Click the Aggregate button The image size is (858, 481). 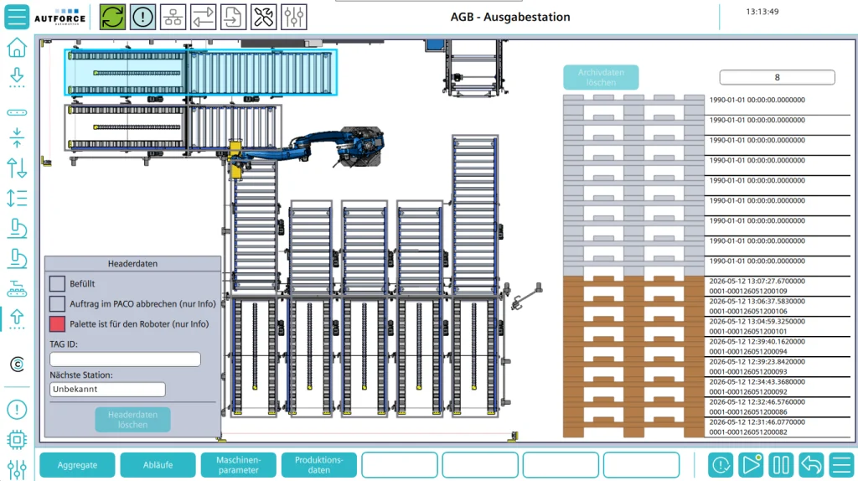[x=77, y=464]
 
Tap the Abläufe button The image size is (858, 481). [x=158, y=464]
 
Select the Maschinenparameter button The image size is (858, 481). [x=239, y=464]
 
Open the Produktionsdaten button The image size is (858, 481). [x=319, y=464]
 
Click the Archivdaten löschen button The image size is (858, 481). [x=601, y=77]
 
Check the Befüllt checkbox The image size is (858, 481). [x=57, y=283]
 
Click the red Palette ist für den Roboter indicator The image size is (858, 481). [x=57, y=324]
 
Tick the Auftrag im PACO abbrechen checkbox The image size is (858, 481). [x=57, y=303]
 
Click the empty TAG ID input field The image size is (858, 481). [x=126, y=359]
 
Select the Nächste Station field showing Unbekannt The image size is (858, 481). [x=107, y=389]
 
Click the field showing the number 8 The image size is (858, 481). [x=777, y=77]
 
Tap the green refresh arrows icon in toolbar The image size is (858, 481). [x=112, y=17]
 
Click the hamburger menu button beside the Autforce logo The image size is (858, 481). [x=17, y=17]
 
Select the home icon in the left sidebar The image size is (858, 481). [x=17, y=48]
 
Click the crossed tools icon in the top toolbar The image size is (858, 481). [x=263, y=17]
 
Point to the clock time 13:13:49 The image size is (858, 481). [x=762, y=12]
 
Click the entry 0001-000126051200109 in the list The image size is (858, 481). [x=748, y=291]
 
